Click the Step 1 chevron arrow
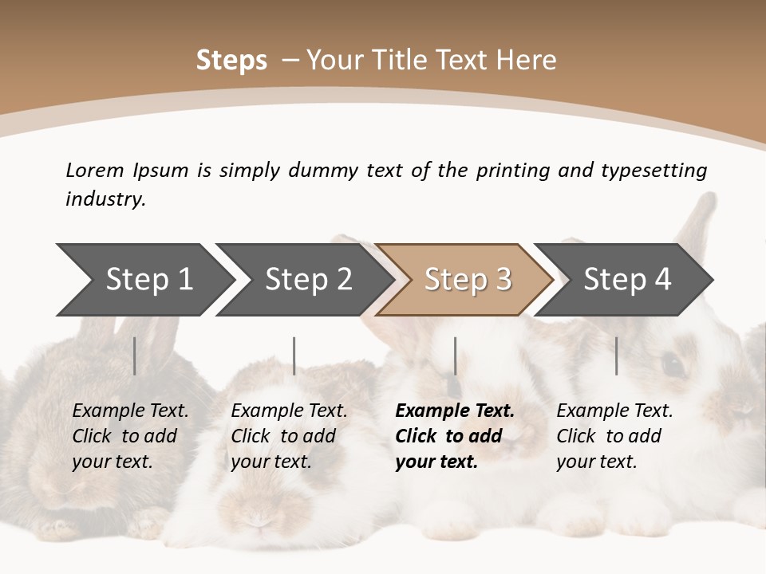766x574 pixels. [x=148, y=280]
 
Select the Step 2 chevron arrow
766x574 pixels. [x=308, y=280]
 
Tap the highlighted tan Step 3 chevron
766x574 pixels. [x=468, y=280]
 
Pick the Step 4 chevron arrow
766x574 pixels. [x=627, y=280]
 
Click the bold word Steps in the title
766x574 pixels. [x=231, y=61]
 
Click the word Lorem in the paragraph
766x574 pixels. [x=95, y=170]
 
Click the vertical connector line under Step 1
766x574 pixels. [x=135, y=356]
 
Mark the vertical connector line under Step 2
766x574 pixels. [x=294, y=356]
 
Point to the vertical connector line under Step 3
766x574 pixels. [x=455, y=356]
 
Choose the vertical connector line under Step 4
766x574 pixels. [x=617, y=356]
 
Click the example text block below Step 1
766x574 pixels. [x=130, y=436]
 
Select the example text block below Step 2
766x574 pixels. [x=289, y=436]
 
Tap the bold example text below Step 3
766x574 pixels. [x=454, y=436]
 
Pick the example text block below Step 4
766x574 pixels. [x=614, y=436]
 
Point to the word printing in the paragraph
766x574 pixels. [x=513, y=170]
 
